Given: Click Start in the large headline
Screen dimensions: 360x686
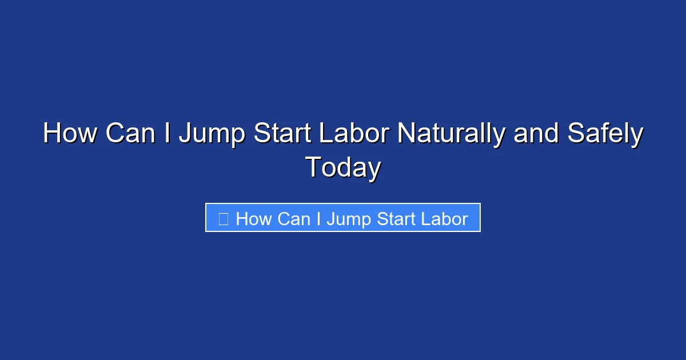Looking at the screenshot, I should point(283,134).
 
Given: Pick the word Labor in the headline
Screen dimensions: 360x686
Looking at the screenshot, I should point(354,134).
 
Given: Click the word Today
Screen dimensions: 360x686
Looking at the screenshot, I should point(343,169).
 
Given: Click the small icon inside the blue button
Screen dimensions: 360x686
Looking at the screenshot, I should point(224,219).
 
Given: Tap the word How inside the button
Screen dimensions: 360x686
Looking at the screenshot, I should point(253,219).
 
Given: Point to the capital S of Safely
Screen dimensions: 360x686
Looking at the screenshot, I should point(574,134).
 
